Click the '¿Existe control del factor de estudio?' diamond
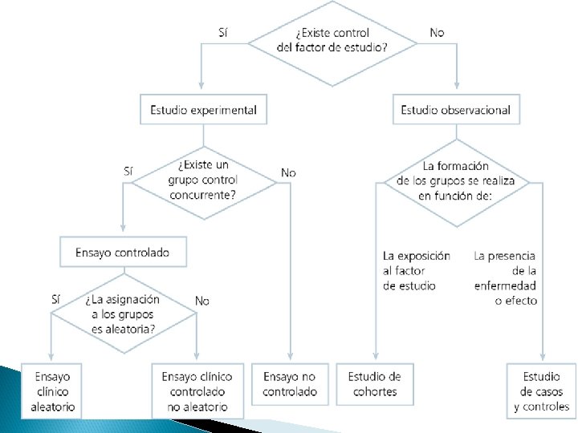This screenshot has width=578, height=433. [x=332, y=40]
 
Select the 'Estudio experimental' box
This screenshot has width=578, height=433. [x=203, y=110]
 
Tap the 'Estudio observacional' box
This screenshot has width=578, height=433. [x=455, y=110]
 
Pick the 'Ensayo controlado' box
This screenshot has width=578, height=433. [x=123, y=252]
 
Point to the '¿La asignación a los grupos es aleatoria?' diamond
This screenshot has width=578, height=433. [x=123, y=314]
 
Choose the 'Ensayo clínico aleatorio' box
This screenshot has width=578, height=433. [x=51, y=391]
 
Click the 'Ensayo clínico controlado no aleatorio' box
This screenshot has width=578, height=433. [x=197, y=391]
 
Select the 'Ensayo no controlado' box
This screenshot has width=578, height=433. [x=290, y=384]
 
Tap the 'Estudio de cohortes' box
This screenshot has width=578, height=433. [x=375, y=384]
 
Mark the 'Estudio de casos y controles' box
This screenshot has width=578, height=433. [x=541, y=391]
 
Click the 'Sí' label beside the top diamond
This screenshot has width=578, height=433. [x=224, y=32]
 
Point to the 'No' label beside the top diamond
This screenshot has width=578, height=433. [x=437, y=32]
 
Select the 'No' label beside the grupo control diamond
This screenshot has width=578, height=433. [x=288, y=172]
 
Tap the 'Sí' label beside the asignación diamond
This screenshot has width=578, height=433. [x=55, y=299]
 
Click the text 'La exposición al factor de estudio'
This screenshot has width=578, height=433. [x=415, y=270]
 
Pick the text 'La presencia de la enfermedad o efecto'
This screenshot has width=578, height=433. [x=506, y=278]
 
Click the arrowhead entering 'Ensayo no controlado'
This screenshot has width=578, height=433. [x=290, y=359]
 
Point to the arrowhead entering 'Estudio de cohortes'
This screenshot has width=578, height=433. [x=375, y=359]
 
